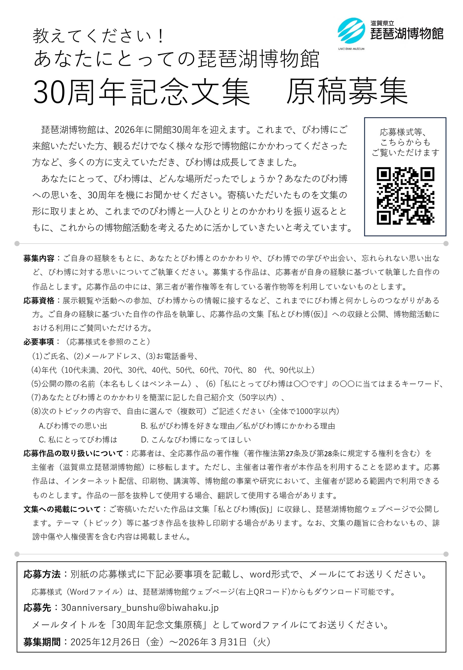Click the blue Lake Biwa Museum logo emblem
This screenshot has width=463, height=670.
click(351, 31)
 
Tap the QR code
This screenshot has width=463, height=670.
click(405, 196)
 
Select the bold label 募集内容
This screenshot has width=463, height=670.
click(39, 258)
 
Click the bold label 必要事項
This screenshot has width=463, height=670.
click(39, 342)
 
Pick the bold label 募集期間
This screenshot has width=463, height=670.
click(42, 642)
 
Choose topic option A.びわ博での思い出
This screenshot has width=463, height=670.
click(73, 426)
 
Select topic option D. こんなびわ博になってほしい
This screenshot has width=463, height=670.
click(196, 440)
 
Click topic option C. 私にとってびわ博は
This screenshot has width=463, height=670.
click(78, 440)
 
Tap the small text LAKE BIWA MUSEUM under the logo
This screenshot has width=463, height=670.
click(351, 49)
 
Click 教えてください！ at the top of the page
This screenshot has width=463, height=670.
click(99, 37)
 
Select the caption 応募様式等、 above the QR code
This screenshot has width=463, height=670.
click(403, 132)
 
